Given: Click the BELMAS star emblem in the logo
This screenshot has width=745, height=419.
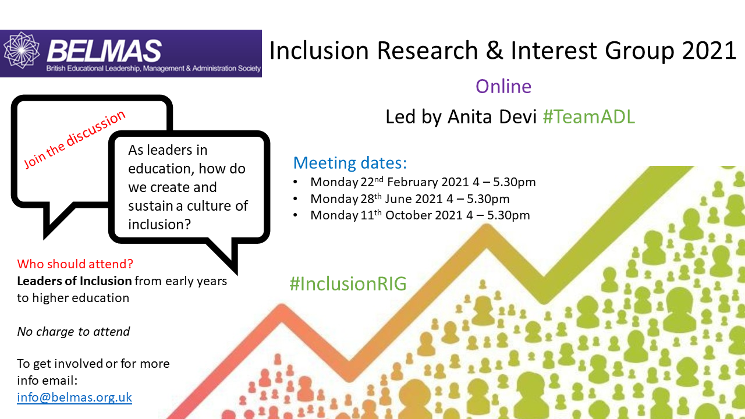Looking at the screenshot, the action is click(22, 50).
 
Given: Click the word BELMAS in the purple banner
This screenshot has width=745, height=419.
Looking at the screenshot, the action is click(104, 51).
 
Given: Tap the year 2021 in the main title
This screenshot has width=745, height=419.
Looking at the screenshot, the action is click(709, 51).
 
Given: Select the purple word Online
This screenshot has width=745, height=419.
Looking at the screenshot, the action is click(503, 87).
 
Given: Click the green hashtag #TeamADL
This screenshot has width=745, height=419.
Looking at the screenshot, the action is click(588, 117).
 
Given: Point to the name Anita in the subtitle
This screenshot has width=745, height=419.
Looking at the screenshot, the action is click(470, 117).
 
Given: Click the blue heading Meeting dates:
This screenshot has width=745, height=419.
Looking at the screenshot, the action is click(350, 163).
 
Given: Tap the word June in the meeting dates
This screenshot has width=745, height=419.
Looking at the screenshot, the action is click(397, 199).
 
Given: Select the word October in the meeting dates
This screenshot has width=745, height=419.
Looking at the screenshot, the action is click(407, 215).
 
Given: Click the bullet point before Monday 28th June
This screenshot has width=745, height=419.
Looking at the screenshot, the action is click(295, 199).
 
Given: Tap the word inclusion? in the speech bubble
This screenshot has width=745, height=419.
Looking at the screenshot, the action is click(159, 225).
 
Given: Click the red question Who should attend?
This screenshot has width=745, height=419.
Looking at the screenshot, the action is click(75, 264).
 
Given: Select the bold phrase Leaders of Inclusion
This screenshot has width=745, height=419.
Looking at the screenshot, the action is click(74, 281).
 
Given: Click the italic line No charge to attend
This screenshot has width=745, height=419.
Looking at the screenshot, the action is click(73, 332).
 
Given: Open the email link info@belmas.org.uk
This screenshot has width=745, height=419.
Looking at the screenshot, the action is click(74, 397).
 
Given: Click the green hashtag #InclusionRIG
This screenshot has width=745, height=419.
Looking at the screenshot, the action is click(348, 284).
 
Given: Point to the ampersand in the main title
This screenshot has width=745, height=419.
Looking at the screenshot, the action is click(494, 51).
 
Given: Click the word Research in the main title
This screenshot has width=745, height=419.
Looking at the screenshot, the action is click(427, 51).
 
